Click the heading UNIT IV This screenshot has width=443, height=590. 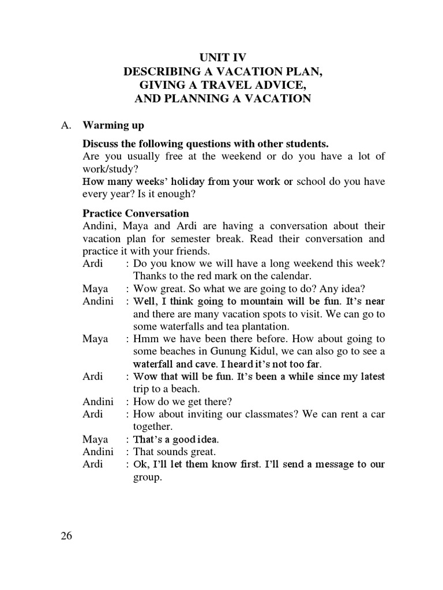223,57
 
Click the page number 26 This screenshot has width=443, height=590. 66,536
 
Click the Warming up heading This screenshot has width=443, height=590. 114,125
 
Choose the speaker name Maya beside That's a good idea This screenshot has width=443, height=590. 95,440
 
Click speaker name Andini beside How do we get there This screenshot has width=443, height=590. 98,402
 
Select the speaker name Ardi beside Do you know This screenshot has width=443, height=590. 93,263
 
